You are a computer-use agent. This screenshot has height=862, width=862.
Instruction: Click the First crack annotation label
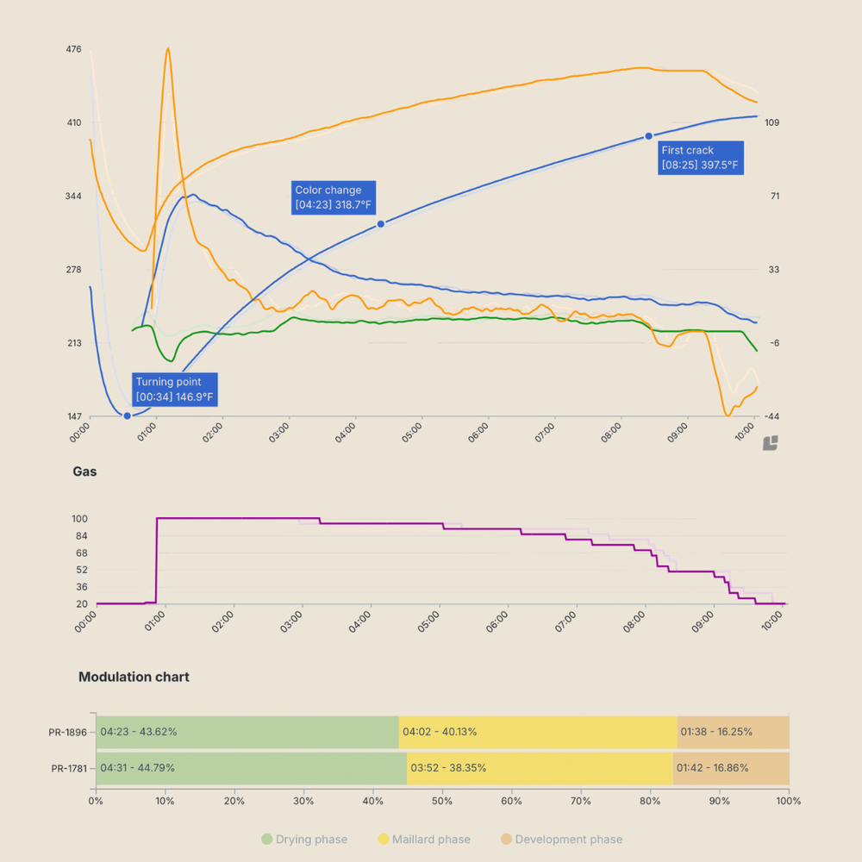(x=699, y=158)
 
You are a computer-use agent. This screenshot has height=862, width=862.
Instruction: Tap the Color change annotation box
(x=335, y=197)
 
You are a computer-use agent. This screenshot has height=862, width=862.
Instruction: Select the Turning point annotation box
(x=175, y=390)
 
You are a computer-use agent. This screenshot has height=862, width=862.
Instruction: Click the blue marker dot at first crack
(x=649, y=136)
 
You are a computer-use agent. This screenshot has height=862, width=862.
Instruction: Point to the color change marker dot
(x=381, y=224)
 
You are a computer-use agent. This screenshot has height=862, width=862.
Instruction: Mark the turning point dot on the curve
(x=128, y=415)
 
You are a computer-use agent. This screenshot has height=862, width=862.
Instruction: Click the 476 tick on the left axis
(x=73, y=49)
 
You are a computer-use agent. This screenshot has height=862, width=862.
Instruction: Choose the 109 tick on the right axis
(x=771, y=122)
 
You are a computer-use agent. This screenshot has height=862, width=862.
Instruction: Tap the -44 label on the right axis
(x=771, y=416)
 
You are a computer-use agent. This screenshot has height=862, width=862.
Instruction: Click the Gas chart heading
(x=84, y=472)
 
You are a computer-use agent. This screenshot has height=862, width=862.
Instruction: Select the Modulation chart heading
(x=134, y=677)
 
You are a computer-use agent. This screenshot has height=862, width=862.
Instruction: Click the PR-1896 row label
(x=68, y=733)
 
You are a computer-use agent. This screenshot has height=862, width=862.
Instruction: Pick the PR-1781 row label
(x=68, y=768)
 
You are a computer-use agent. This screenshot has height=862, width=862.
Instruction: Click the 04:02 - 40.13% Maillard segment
(x=538, y=732)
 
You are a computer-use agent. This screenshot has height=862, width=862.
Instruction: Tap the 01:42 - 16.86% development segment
(x=730, y=768)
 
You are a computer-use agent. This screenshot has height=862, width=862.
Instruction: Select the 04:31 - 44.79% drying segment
(x=251, y=768)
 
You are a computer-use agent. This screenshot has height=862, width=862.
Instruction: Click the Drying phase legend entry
(x=304, y=840)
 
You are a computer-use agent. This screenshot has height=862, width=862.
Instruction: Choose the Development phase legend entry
(x=560, y=840)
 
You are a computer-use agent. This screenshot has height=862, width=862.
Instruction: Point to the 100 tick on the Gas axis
(x=79, y=519)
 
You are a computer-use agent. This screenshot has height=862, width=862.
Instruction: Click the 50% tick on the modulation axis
(x=442, y=801)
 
